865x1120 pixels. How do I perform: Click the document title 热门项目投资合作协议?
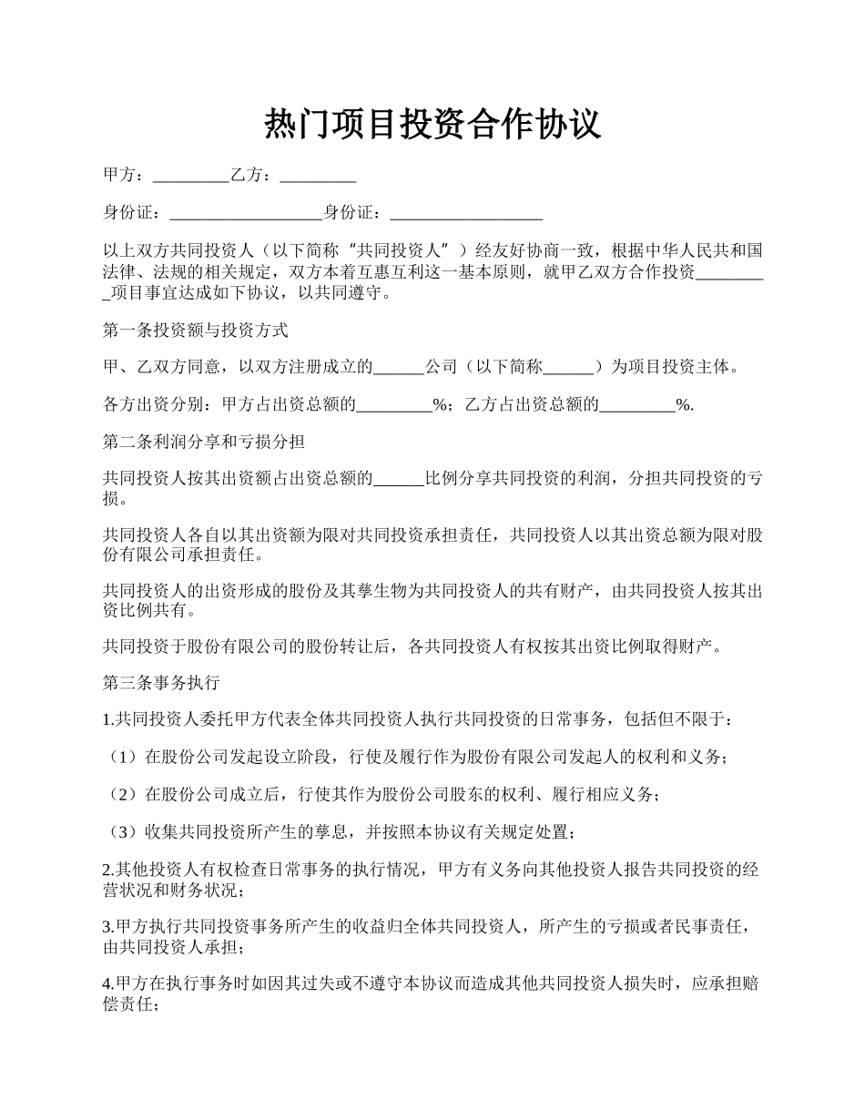tap(432, 123)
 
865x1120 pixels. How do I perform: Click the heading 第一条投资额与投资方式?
tap(196, 330)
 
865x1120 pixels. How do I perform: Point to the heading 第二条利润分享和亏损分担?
tap(204, 443)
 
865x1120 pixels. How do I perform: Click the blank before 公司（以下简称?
tap(399, 368)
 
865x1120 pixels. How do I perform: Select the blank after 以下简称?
tap(568, 368)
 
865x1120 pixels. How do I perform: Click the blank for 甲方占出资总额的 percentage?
tap(393, 405)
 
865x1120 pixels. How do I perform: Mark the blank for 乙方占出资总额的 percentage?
tap(637, 405)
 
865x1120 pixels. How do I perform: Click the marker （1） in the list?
tap(122, 758)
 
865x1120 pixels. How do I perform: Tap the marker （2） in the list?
tap(122, 795)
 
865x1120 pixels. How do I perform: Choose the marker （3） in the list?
tap(122, 832)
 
